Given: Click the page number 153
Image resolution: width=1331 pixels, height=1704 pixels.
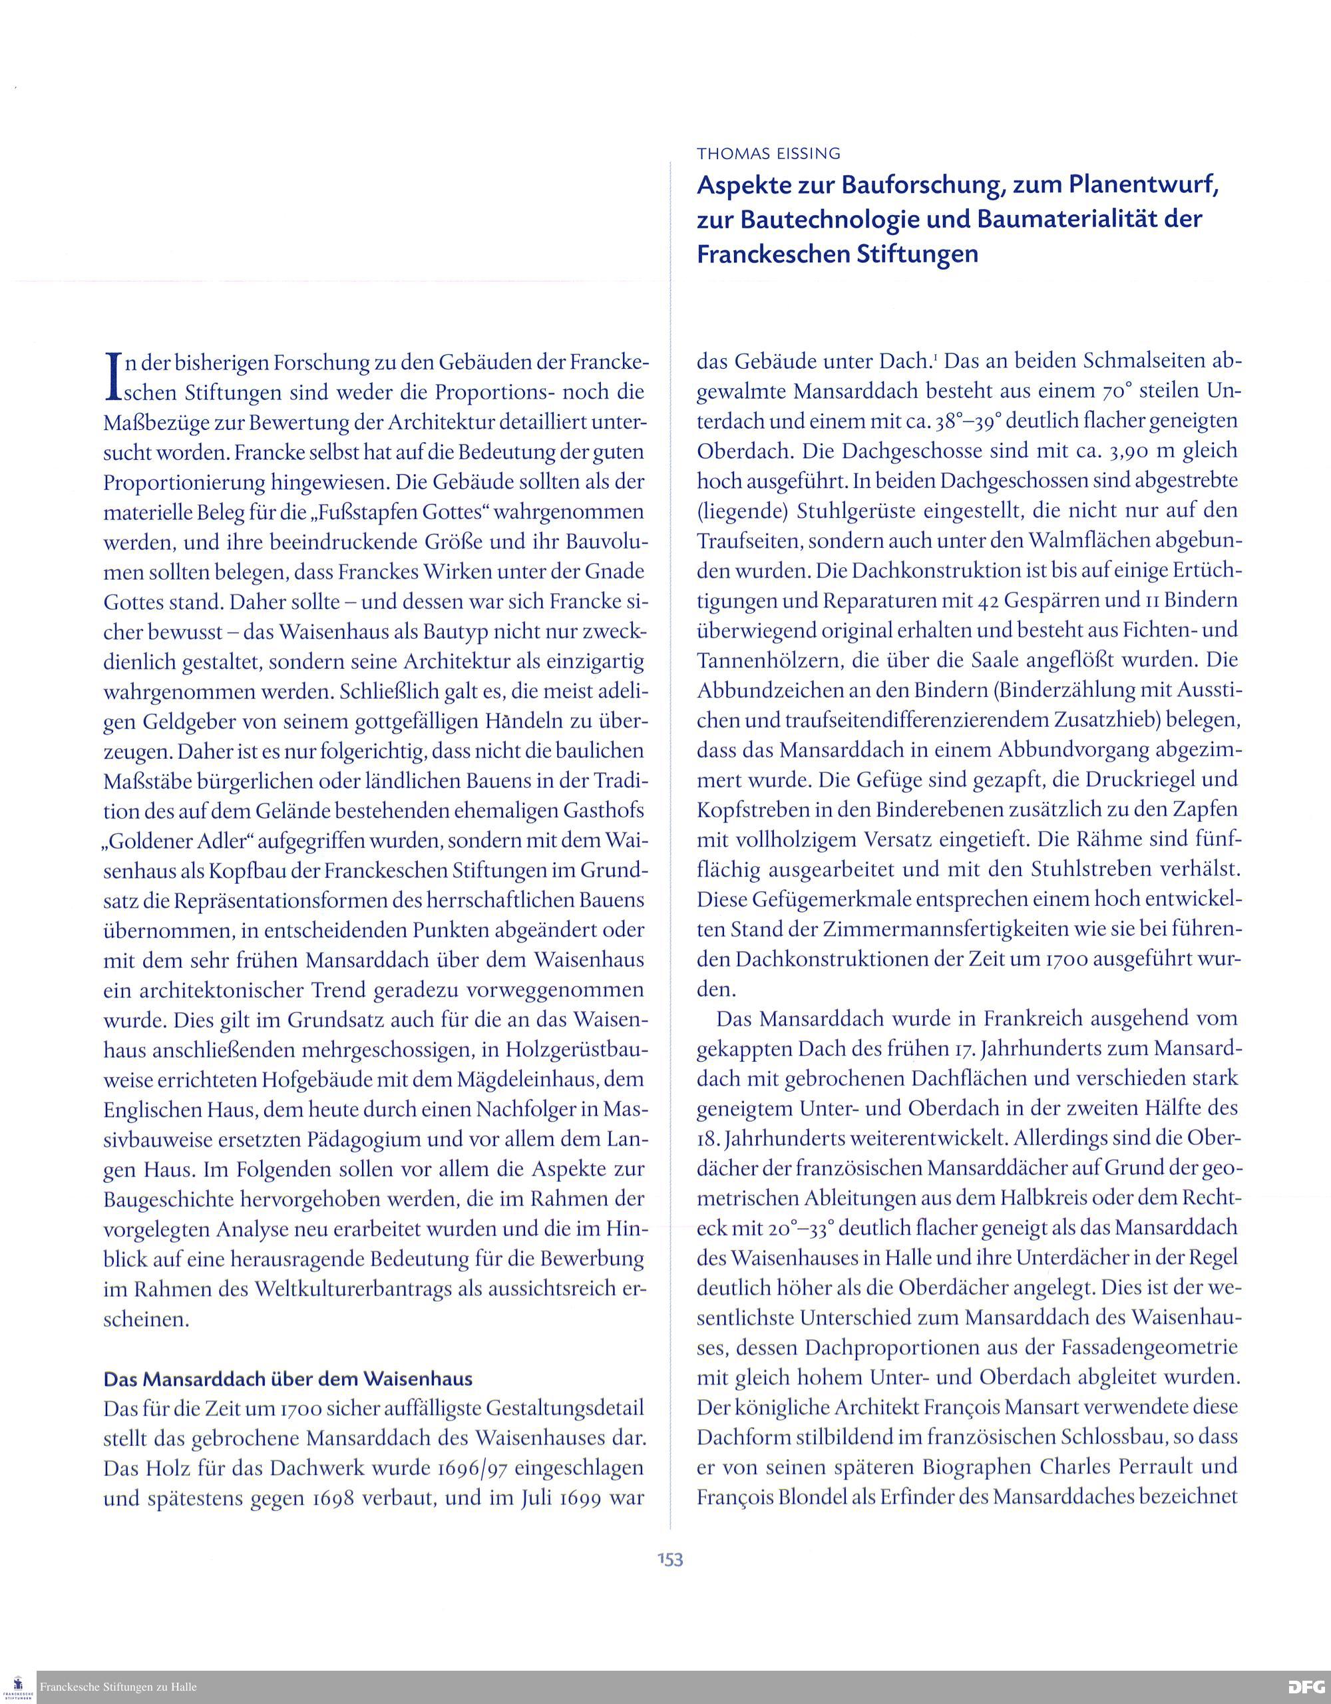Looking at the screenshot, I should (669, 1559).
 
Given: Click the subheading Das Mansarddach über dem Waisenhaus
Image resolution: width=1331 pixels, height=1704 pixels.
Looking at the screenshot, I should (288, 1379).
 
